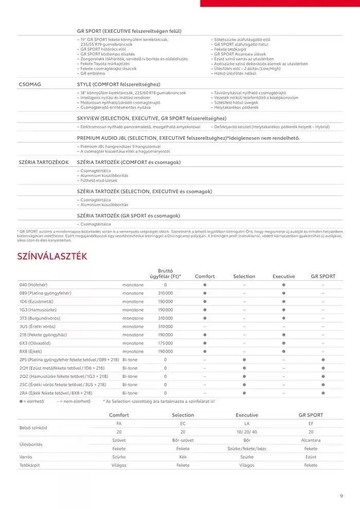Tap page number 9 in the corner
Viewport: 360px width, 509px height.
click(341, 496)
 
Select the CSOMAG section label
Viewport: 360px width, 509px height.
click(29, 84)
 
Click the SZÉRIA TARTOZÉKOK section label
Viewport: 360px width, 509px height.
click(44, 162)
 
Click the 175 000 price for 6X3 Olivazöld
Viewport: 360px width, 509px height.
click(165, 343)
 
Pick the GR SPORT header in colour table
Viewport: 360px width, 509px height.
click(323, 276)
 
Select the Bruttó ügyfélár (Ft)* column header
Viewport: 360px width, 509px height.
click(165, 272)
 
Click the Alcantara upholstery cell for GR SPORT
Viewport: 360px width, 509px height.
click(311, 440)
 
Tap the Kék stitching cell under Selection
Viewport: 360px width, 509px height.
click(183, 457)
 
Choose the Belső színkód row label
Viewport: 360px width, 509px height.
click(33, 427)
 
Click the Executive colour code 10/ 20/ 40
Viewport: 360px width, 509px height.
click(247, 432)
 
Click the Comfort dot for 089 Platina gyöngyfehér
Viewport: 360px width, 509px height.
click(205, 293)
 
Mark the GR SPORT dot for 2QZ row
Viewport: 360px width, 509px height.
click(323, 376)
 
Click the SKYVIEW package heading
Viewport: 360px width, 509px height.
click(152, 118)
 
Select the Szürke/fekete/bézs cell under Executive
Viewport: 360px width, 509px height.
click(247, 448)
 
